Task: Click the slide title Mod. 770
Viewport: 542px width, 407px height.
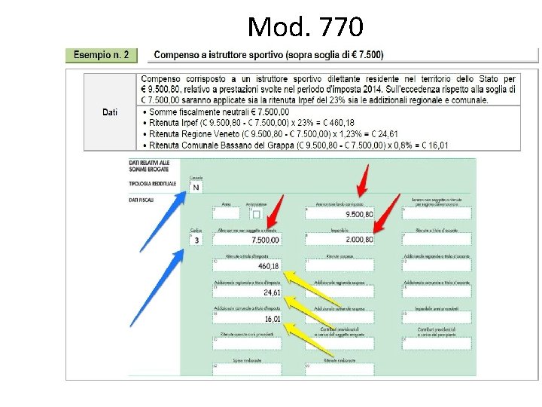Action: point(305,27)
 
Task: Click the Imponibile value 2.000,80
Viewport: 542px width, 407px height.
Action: point(358,240)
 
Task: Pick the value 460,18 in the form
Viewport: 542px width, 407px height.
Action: point(268,266)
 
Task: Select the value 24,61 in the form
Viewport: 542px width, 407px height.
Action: point(272,292)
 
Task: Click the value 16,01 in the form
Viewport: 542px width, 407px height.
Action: point(272,319)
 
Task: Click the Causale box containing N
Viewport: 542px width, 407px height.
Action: point(196,187)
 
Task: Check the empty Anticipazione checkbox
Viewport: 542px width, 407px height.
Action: point(256,214)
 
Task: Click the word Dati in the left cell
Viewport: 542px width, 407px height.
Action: point(110,112)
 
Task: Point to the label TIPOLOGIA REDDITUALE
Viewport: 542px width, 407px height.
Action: point(152,183)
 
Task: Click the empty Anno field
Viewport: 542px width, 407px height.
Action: point(226,214)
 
